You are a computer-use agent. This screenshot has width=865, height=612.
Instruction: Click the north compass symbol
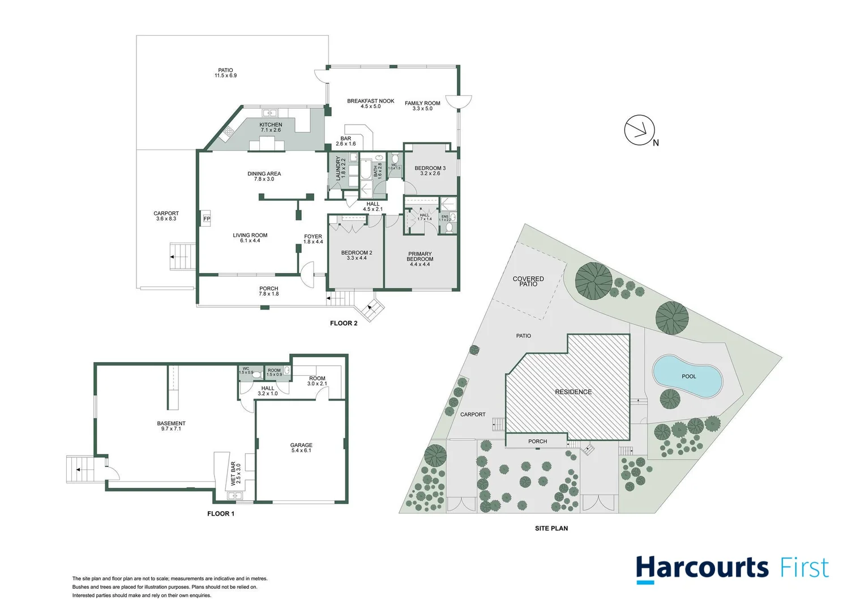pyautogui.click(x=640, y=130)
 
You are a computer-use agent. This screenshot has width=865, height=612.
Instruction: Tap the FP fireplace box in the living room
pyautogui.click(x=207, y=219)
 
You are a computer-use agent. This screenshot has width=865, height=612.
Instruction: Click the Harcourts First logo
pyautogui.click(x=732, y=568)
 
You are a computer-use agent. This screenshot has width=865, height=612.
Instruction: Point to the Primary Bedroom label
pyautogui.click(x=419, y=257)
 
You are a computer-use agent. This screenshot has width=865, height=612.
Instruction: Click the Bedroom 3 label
pyautogui.click(x=430, y=168)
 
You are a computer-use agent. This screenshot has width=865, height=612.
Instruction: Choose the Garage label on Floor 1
pyautogui.click(x=301, y=445)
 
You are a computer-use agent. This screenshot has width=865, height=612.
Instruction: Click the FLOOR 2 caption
pyautogui.click(x=344, y=324)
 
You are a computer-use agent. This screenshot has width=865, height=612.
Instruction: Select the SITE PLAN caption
pyautogui.click(x=551, y=528)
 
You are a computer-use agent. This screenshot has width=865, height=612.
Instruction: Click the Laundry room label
pyautogui.click(x=338, y=168)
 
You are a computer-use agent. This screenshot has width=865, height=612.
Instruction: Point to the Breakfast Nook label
pyautogui.click(x=370, y=101)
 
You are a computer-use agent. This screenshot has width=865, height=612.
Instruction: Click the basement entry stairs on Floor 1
pyautogui.click(x=79, y=469)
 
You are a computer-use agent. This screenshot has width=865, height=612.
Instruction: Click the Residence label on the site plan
pyautogui.click(x=573, y=392)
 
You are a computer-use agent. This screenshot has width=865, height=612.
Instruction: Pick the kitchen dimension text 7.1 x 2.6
pyautogui.click(x=271, y=130)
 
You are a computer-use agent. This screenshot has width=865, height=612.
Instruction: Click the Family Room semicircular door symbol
pyautogui.click(x=459, y=101)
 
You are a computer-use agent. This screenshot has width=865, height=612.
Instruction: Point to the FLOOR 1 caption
pyautogui.click(x=220, y=514)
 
